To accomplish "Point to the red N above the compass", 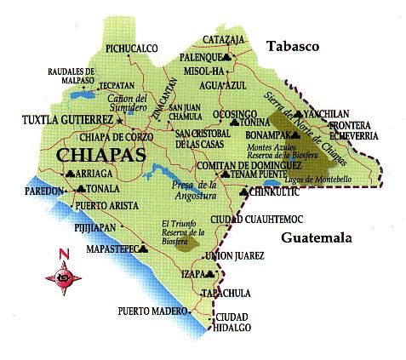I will pos(62,254).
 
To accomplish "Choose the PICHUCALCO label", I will pos(133,49).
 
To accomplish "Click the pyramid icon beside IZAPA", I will pos(209,274).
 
